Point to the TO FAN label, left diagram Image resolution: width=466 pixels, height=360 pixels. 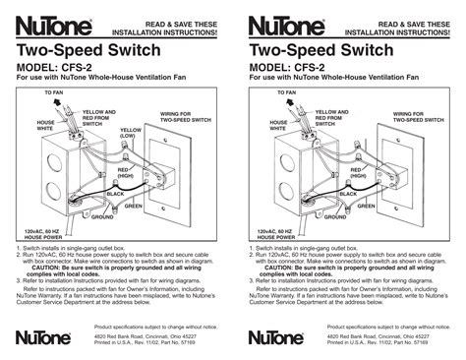click(x=53, y=91)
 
